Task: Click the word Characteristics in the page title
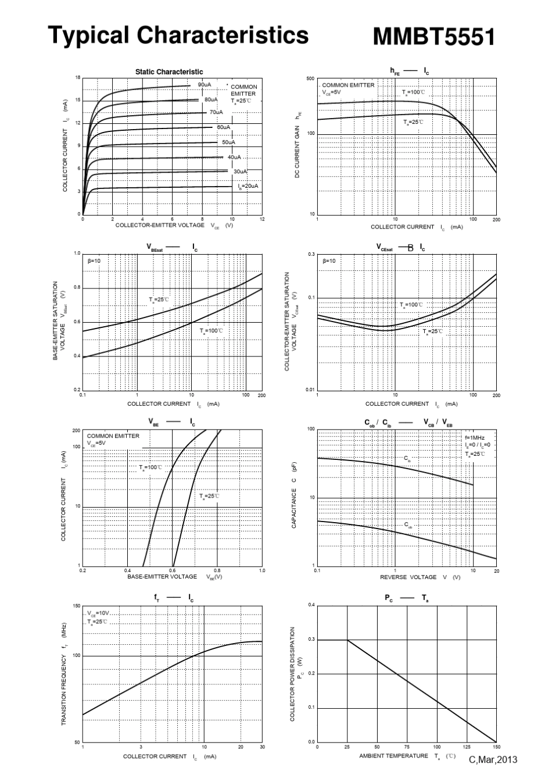pos(223,35)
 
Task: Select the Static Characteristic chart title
pos(169,72)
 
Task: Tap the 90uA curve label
pos(204,85)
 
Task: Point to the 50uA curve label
pos(228,142)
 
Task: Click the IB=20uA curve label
pos(248,186)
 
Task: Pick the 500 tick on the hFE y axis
pos(311,78)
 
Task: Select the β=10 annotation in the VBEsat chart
pos(94,261)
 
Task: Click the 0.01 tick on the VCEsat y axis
pos(310,390)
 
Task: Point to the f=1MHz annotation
pos(474,437)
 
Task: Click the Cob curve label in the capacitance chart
pos(408,526)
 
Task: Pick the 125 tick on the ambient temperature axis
pos(467,747)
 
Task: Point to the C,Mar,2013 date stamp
pos(493,759)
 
